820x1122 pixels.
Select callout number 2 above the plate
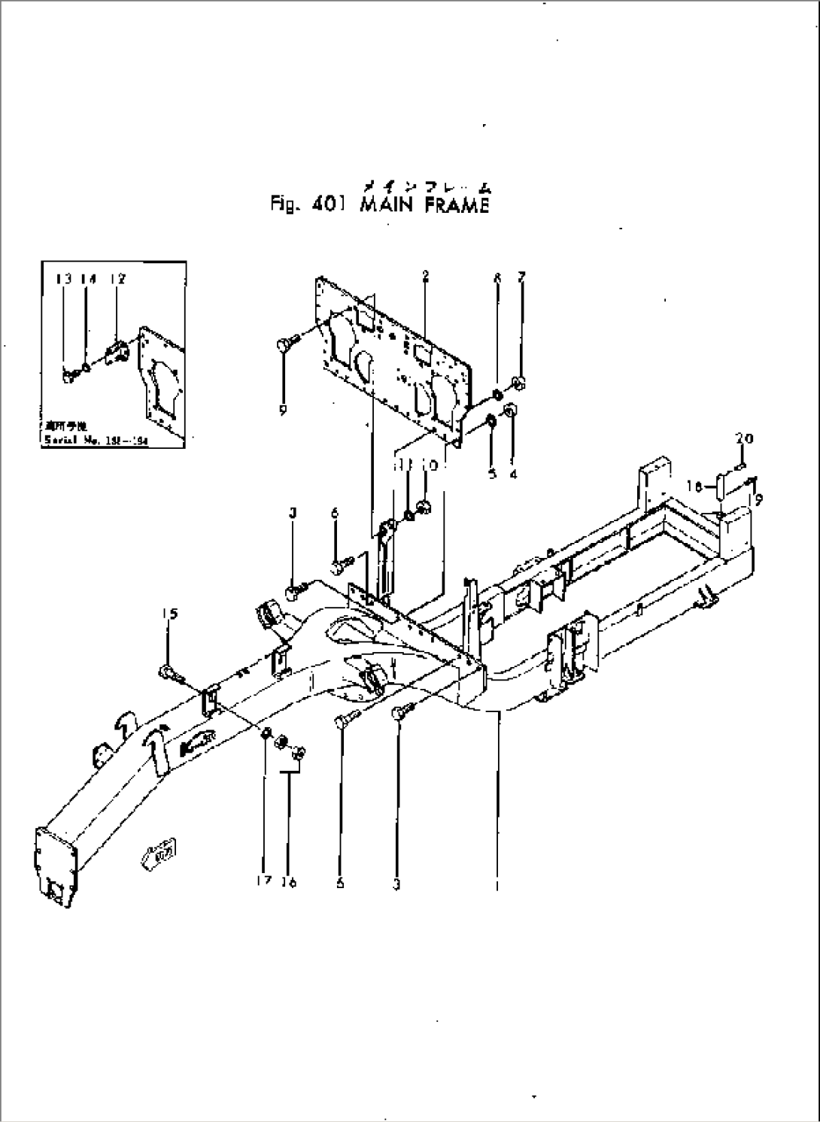click(x=425, y=277)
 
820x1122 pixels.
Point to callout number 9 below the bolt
click(x=283, y=411)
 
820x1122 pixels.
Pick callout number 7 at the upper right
click(x=521, y=277)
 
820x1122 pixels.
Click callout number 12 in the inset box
click(x=117, y=279)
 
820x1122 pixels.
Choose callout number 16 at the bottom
click(x=289, y=882)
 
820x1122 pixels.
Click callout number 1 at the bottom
click(x=496, y=885)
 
